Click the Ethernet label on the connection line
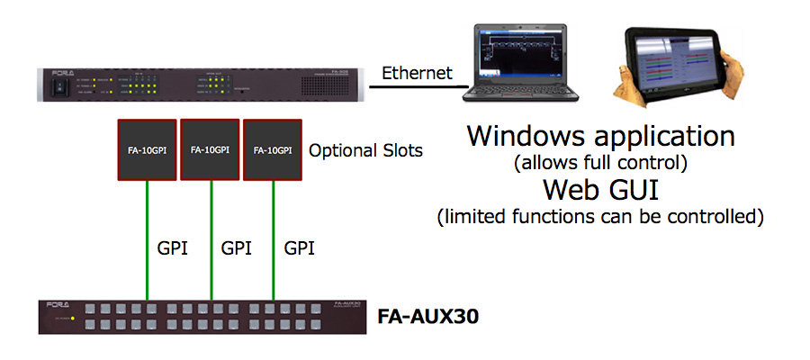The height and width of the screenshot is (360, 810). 418,73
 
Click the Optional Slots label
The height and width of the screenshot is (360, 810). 365,150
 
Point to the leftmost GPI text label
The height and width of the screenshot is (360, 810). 173,247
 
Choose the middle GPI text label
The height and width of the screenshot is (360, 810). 236,247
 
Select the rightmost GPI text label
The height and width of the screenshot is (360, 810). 299,247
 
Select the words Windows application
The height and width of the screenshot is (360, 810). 600,137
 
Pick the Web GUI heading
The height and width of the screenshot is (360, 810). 600,191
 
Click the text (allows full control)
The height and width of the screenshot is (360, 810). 600,165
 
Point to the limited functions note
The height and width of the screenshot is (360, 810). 600,217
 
